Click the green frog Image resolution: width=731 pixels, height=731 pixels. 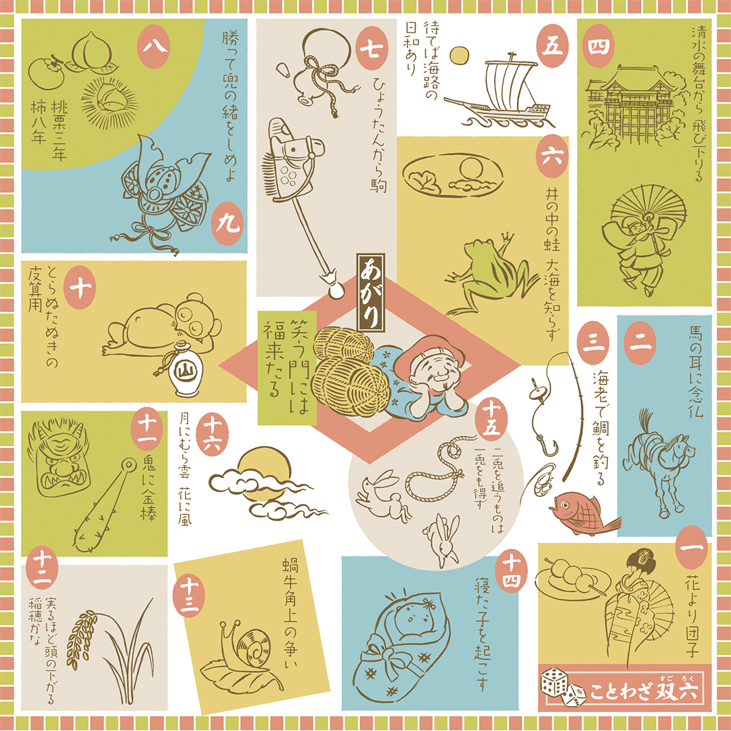point(489,275)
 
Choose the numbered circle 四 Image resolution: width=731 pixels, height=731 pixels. point(598,46)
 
